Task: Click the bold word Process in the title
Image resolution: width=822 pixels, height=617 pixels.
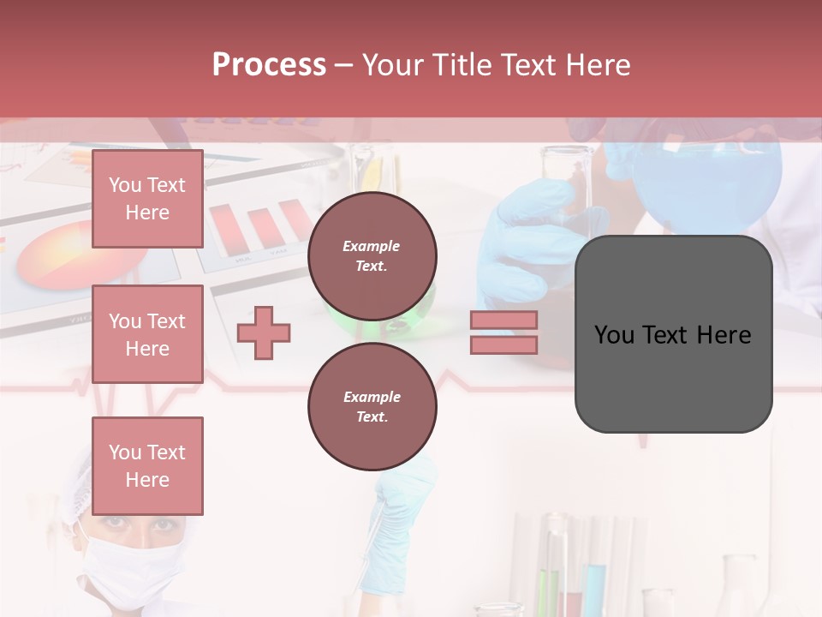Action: pos(269,65)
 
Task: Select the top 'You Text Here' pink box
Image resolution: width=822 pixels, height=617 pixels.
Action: pos(147,199)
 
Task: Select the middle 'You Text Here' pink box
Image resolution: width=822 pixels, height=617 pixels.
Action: pos(147,334)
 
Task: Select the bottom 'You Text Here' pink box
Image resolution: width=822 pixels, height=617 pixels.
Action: pos(147,465)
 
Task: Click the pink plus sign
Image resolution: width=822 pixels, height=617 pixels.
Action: pos(263,332)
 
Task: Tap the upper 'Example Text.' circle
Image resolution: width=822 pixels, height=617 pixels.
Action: pos(372,256)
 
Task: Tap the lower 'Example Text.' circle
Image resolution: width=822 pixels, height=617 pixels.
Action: pos(372,407)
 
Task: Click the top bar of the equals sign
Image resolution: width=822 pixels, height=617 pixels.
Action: pos(503,320)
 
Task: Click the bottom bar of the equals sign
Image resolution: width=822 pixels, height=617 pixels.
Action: pos(503,344)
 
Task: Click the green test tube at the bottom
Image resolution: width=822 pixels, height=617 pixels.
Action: pos(542,591)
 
